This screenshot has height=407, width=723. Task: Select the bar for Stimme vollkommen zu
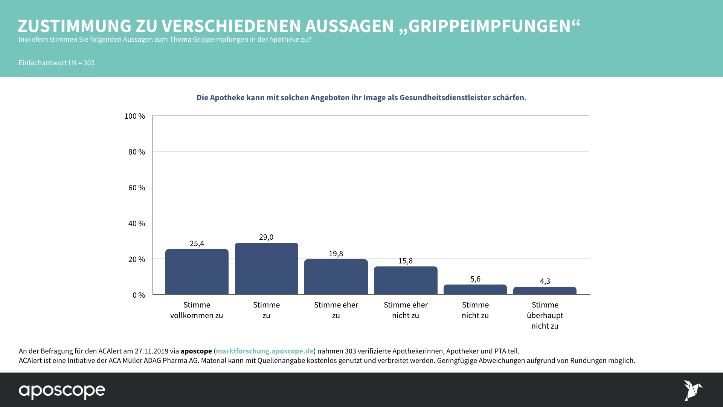pyautogui.click(x=197, y=272)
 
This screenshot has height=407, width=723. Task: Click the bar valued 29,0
pyautogui.click(x=266, y=269)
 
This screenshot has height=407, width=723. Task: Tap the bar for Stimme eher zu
pyautogui.click(x=336, y=277)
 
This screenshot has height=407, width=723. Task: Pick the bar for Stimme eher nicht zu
pyautogui.click(x=406, y=280)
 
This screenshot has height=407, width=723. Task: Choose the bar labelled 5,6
pyautogui.click(x=475, y=289)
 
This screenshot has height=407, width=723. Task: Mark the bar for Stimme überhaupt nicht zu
pyautogui.click(x=545, y=291)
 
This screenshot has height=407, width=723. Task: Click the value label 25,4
pyautogui.click(x=197, y=243)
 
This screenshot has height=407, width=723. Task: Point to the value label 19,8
pyautogui.click(x=336, y=254)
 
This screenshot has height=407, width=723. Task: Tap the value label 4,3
pyautogui.click(x=545, y=281)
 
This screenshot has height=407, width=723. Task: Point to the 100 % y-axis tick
pyautogui.click(x=134, y=116)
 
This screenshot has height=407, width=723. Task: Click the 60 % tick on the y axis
pyautogui.click(x=136, y=188)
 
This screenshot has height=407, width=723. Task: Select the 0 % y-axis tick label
pyautogui.click(x=139, y=295)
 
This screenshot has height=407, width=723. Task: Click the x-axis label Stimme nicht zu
pyautogui.click(x=475, y=310)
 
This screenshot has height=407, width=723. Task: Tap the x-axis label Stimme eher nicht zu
pyautogui.click(x=406, y=310)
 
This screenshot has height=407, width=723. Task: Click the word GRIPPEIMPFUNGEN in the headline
pyautogui.click(x=490, y=26)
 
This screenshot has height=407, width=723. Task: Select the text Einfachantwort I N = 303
pyautogui.click(x=56, y=63)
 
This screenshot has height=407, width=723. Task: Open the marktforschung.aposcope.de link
pyautogui.click(x=264, y=351)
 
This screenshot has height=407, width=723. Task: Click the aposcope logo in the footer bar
pyautogui.click(x=62, y=391)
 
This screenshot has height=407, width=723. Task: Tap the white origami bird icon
pyautogui.click(x=692, y=390)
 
